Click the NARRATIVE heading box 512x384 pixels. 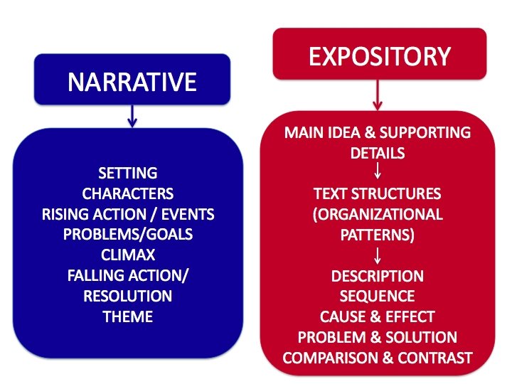tap(132, 82)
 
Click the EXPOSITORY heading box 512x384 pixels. tap(380, 55)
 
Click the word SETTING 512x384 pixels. tap(128, 173)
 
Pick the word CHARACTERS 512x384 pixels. tap(128, 193)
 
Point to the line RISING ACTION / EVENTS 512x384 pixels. tap(128, 214)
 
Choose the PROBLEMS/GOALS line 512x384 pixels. tap(128, 234)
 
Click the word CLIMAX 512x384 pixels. tap(128, 255)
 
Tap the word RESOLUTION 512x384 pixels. tap(128, 295)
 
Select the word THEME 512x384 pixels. tap(128, 316)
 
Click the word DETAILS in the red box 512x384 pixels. tap(378, 153)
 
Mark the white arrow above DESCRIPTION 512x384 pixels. tap(378, 255)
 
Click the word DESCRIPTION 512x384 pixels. tap(378, 275)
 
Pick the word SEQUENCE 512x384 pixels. tap(378, 295)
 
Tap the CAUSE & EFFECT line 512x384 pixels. tap(378, 316)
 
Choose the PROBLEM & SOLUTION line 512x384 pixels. tap(378, 336)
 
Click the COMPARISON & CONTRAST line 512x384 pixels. tap(378, 357)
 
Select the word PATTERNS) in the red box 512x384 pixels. tap(378, 234)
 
